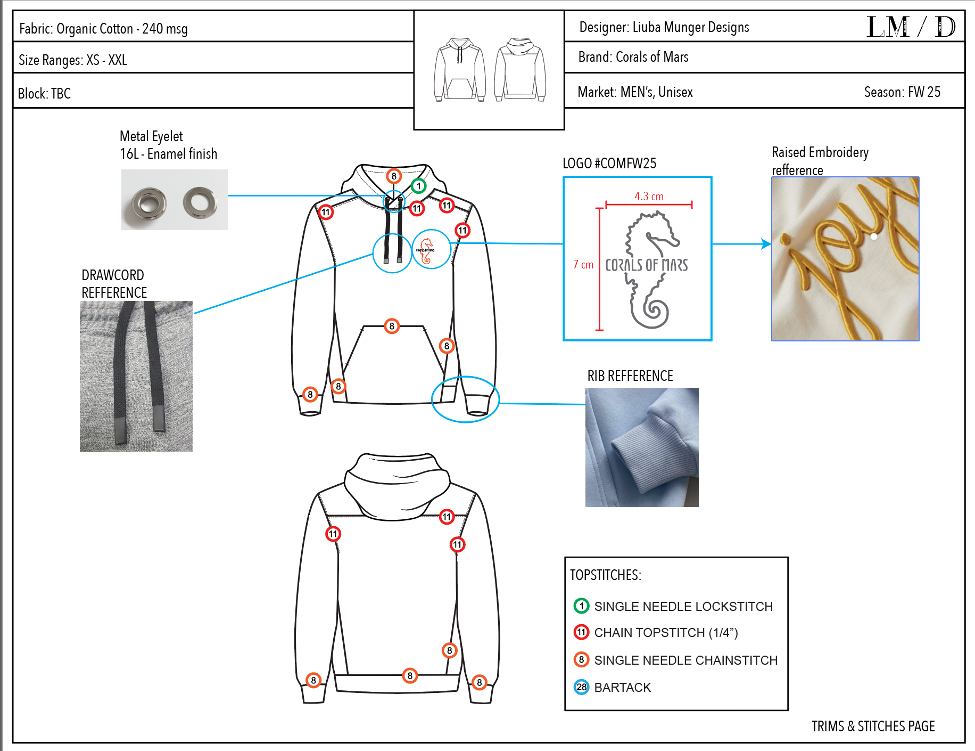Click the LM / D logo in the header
pos(911,27)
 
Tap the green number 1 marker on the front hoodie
pos(419,186)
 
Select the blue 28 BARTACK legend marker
pos(581,687)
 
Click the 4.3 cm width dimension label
pos(649,197)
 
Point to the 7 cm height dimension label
pos(583,265)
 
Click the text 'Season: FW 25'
pos(902,92)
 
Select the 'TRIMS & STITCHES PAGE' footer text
pos(873,726)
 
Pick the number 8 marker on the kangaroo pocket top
pos(392,326)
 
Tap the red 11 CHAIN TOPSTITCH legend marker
pos(581,632)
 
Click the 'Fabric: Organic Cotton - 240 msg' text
pos(103,29)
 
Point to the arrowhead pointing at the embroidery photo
pos(766,244)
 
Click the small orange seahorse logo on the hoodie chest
pos(426,250)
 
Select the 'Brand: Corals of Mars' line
pos(633,57)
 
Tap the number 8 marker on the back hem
pos(410,675)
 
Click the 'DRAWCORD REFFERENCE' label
pos(114,284)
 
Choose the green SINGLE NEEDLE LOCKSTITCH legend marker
pos(581,606)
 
